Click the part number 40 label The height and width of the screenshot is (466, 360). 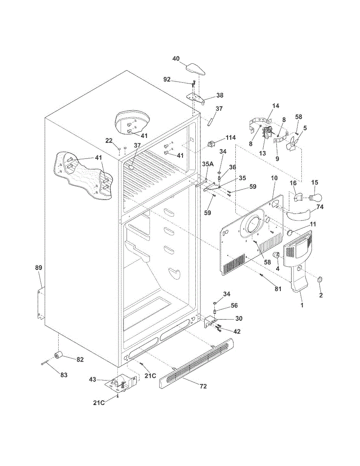pyautogui.click(x=176, y=59)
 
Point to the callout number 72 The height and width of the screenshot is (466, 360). pyautogui.click(x=203, y=386)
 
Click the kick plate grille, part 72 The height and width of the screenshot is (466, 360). pyautogui.click(x=196, y=363)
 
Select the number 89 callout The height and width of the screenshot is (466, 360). pyautogui.click(x=38, y=268)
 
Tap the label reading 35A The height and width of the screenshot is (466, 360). pyautogui.click(x=208, y=164)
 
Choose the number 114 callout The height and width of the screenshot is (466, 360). pyautogui.click(x=231, y=138)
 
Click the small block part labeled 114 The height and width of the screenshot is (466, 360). pyautogui.click(x=211, y=145)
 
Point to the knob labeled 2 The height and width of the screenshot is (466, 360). pyautogui.click(x=320, y=280)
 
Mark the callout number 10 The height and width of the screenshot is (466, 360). pyautogui.click(x=274, y=177)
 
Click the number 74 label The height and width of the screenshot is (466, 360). pyautogui.click(x=320, y=207)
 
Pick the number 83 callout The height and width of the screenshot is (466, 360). pyautogui.click(x=63, y=375)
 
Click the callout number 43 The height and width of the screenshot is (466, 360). pyautogui.click(x=93, y=379)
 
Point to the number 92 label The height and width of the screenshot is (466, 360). pyautogui.click(x=167, y=79)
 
